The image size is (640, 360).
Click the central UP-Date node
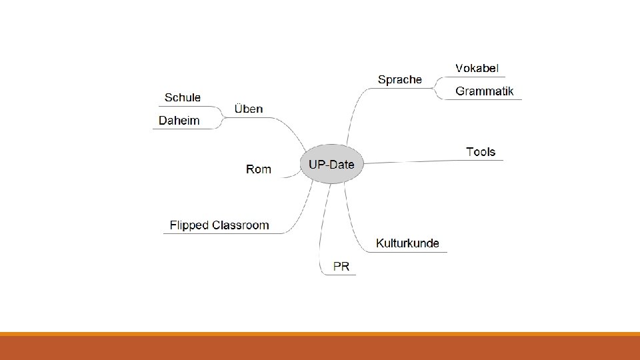[x=331, y=164]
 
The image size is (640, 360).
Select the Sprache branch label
[x=399, y=79]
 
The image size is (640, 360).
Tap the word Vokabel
[x=477, y=68]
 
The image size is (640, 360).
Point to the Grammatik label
[x=484, y=91]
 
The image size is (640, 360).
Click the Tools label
[x=481, y=152]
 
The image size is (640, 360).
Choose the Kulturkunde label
[x=407, y=243]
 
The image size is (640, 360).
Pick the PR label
[x=341, y=267]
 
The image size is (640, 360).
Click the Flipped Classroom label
[x=219, y=225]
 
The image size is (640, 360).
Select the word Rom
[x=259, y=169]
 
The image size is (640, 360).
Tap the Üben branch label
[x=249, y=109]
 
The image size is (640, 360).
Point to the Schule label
[x=183, y=97]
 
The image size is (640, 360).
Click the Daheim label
[x=179, y=121]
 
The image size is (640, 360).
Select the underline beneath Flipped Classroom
[x=220, y=233]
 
